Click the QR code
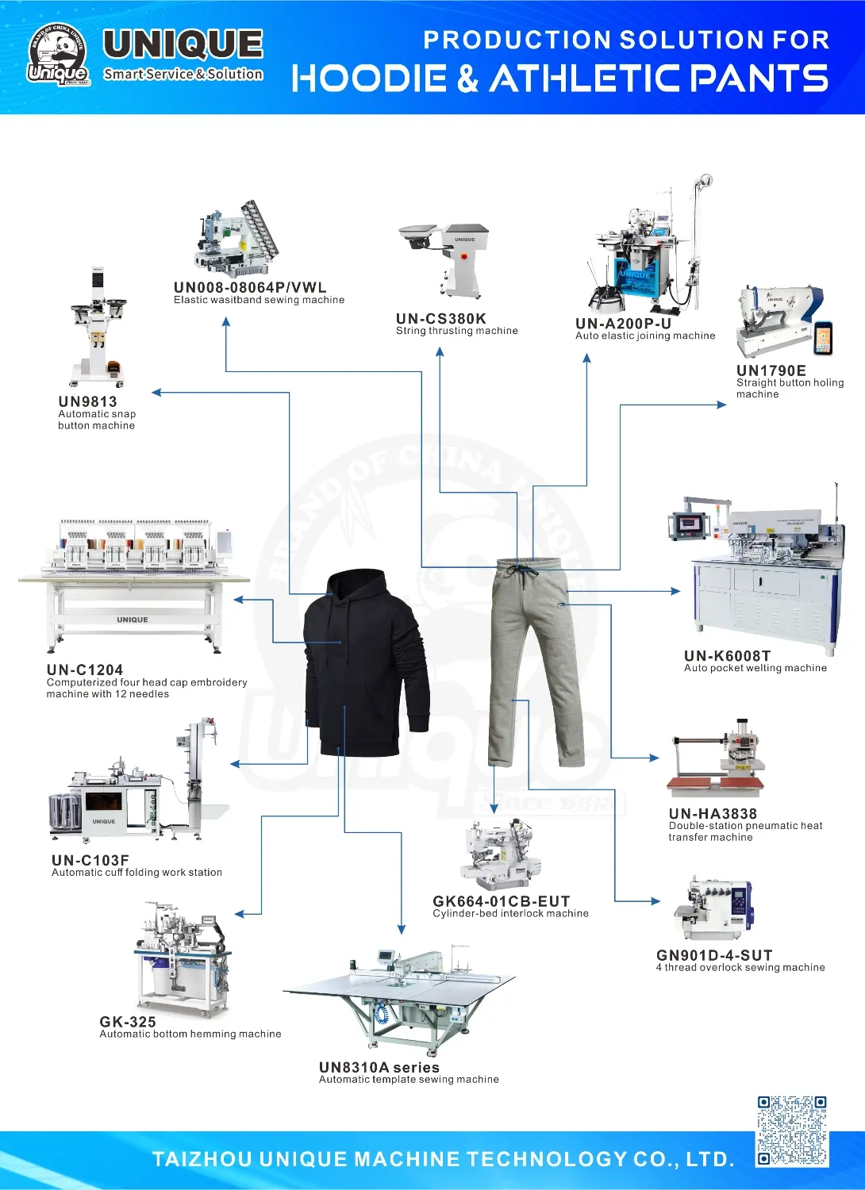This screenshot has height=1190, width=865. pos(792,1130)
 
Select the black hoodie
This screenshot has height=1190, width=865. pos(366,662)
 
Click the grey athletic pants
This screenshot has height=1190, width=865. pos(536,662)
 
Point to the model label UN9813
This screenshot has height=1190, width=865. pos(87,401)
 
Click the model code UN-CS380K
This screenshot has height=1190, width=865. pos(441,319)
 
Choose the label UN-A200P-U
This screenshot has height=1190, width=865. pos(623,324)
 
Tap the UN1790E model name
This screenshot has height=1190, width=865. pos(771,370)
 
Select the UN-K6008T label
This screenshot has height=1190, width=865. pos(727,656)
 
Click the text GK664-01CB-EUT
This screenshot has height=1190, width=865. pos(501,901)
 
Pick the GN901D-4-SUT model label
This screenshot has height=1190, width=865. pos(714,955)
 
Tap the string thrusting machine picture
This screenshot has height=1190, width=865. pos(444,260)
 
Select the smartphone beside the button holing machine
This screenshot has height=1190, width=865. pos(823,338)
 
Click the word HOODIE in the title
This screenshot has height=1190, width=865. pos(369,78)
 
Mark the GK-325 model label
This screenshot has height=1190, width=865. pos(128,1022)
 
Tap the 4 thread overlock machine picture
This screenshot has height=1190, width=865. pos(713,909)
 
